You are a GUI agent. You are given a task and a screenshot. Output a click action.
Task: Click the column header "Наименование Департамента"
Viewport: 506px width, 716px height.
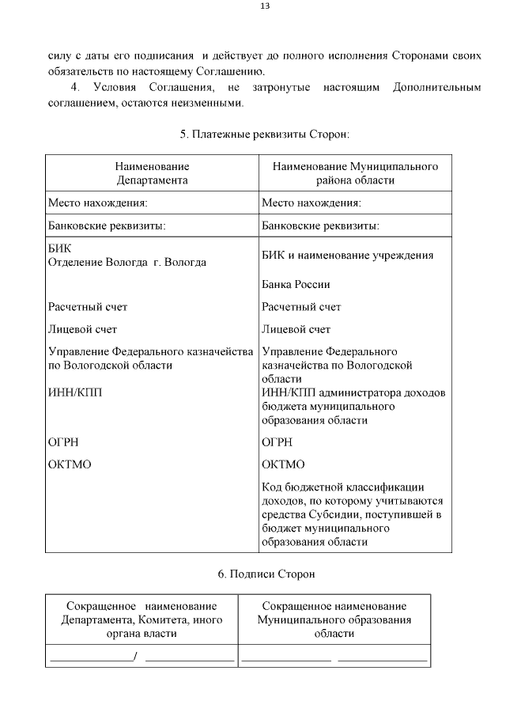point(152,173)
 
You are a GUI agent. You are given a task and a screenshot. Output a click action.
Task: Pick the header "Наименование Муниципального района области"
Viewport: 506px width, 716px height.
point(355,173)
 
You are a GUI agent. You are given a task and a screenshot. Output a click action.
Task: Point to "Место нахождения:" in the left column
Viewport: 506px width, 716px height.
point(98,203)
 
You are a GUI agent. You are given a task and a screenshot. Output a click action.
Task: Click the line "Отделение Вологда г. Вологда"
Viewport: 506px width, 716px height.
point(127,262)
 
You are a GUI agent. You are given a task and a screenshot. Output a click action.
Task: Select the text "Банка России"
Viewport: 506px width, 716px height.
point(296,284)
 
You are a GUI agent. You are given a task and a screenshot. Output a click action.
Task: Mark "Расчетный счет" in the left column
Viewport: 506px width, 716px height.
point(88,307)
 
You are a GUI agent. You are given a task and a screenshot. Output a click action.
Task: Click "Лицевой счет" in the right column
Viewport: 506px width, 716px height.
point(296,329)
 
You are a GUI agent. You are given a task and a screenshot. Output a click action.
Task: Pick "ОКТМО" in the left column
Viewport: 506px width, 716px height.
point(70,464)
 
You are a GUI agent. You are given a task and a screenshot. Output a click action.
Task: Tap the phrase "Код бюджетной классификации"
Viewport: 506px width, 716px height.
point(344,487)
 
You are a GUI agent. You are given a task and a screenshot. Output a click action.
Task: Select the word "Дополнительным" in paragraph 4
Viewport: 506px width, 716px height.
point(436,87)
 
